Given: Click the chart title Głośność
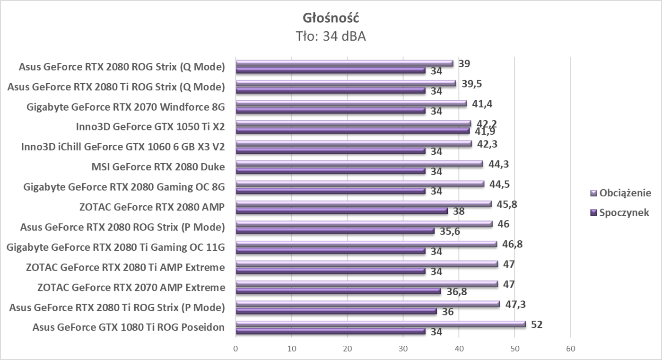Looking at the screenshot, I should point(331,18).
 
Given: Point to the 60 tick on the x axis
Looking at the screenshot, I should point(570,349).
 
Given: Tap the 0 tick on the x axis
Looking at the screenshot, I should point(235,349).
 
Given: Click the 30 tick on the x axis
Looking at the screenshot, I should point(403,349).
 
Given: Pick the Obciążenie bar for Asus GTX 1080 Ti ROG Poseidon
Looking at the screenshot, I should point(380,324).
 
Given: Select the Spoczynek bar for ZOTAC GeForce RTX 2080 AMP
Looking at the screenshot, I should point(341,211).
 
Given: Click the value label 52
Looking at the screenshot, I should point(536,325).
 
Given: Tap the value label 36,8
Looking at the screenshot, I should point(456,292).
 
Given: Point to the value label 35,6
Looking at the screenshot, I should point(449,231).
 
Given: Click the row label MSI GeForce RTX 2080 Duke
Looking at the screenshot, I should point(158,167).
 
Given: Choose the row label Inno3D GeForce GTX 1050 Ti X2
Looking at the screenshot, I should point(150,126).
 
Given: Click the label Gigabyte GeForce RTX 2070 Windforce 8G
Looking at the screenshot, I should point(126,106).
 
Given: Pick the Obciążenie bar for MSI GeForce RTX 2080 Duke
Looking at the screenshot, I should point(359,164).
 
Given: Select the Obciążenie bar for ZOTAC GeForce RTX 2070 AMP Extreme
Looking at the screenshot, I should point(366,284).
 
